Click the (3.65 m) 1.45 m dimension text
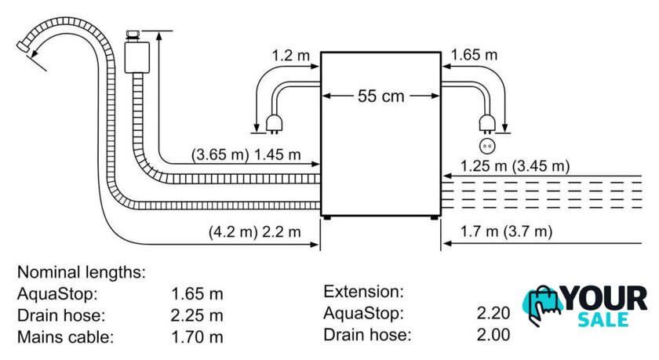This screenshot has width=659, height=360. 246,156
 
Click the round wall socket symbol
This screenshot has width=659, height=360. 487,145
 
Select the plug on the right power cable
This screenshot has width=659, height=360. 487,122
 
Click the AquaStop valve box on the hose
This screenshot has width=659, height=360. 137,56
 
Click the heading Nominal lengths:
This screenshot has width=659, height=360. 82,273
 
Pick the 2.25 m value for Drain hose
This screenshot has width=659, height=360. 197,316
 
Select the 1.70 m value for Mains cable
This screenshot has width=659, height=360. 197,338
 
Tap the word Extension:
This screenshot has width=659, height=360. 363,292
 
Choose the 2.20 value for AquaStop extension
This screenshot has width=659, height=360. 493,314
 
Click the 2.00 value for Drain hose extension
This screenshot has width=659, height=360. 493,335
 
